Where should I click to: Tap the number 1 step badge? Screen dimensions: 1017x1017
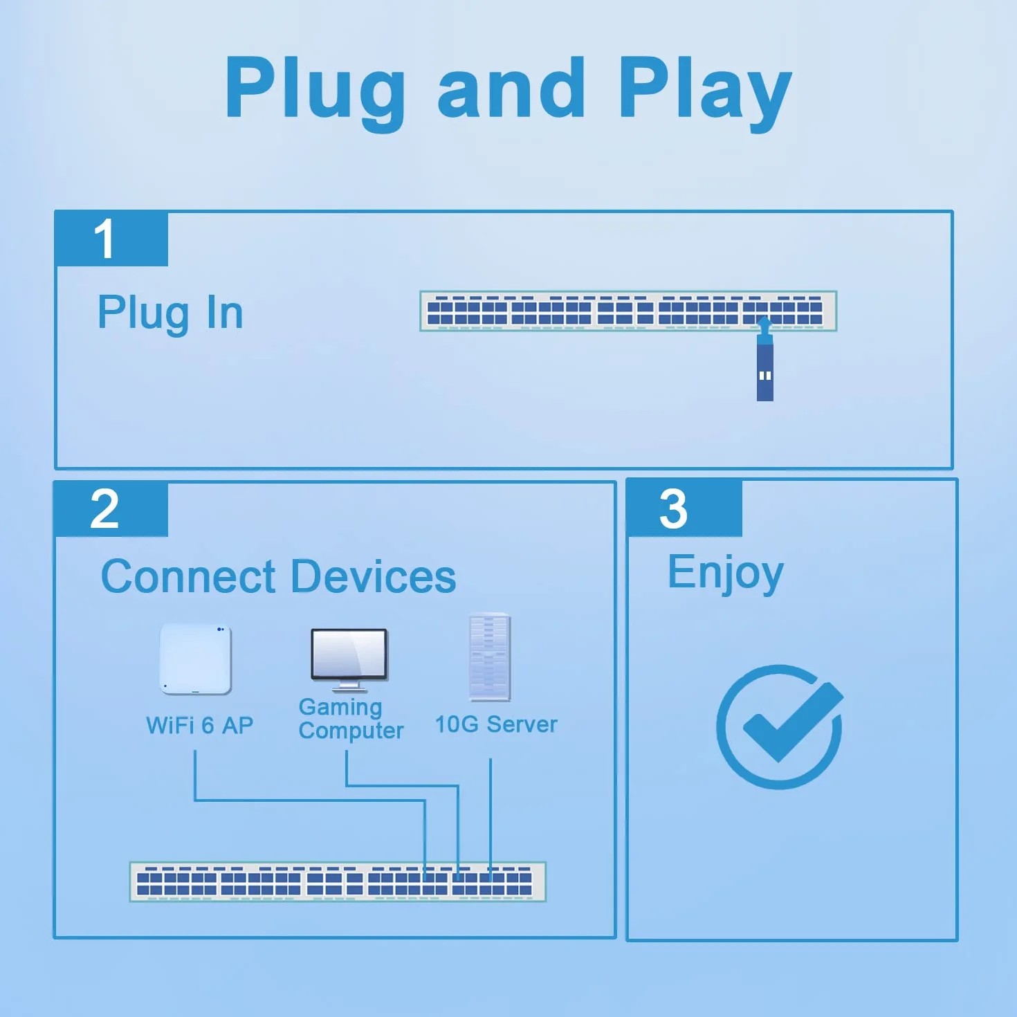111,239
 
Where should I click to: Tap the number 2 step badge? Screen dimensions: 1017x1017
111,508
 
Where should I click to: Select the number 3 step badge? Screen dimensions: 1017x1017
684,508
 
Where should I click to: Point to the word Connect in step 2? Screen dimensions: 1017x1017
188,576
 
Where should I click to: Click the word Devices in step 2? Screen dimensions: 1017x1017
373,576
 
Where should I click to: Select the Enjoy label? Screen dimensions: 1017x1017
726,573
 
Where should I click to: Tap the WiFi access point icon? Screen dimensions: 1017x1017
195,659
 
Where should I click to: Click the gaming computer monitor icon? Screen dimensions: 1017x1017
349,660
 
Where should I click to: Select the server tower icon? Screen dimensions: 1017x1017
489,657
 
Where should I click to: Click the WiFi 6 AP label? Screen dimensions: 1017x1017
199,725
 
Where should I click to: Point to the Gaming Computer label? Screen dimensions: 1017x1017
351,719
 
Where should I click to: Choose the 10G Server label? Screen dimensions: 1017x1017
496,724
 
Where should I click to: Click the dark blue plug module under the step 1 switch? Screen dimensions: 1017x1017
764,372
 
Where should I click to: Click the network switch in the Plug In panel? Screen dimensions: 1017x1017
628,311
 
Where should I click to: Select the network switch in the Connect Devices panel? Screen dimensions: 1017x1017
338,881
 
